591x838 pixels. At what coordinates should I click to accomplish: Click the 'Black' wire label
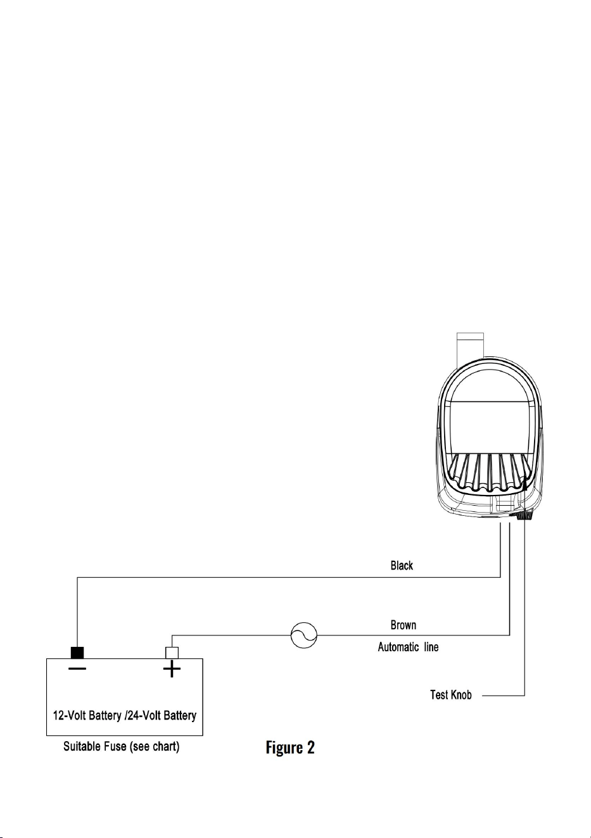[x=402, y=565]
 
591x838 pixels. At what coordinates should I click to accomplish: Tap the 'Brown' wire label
[x=404, y=625]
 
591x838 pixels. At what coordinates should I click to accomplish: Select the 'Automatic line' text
[x=408, y=647]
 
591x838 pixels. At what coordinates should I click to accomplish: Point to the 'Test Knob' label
[x=451, y=695]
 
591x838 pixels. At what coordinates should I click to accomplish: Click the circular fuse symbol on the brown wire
[x=304, y=635]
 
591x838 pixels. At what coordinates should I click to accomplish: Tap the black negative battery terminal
[x=77, y=653]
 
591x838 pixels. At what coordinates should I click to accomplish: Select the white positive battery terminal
[x=172, y=653]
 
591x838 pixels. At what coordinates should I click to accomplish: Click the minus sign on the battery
[x=77, y=668]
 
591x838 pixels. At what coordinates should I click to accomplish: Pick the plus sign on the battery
[x=172, y=669]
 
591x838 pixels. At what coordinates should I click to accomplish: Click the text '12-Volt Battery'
[x=87, y=716]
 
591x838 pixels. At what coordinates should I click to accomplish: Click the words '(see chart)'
[x=155, y=747]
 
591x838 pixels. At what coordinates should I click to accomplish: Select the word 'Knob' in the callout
[x=461, y=695]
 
